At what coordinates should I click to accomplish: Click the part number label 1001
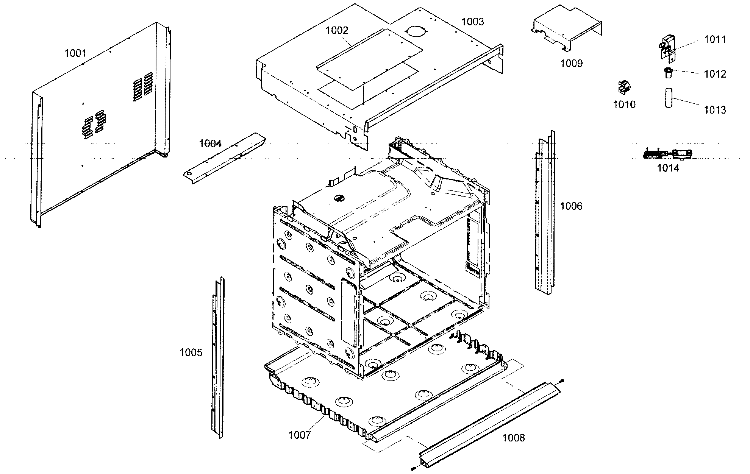[x=75, y=53]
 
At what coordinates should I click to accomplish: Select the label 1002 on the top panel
[x=337, y=31]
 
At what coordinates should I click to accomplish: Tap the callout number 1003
[x=472, y=22]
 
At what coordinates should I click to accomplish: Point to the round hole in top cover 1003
[x=415, y=31]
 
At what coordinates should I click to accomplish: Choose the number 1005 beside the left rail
[x=191, y=352]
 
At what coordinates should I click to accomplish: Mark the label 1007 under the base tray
[x=299, y=435]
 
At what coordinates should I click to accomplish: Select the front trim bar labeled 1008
[x=489, y=416]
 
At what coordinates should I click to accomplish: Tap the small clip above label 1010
[x=623, y=87]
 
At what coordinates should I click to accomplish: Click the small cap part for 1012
[x=669, y=72]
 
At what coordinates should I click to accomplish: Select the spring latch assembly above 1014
[x=667, y=154]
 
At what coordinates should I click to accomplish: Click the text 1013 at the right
[x=715, y=110]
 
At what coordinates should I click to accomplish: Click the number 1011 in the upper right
[x=715, y=39]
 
